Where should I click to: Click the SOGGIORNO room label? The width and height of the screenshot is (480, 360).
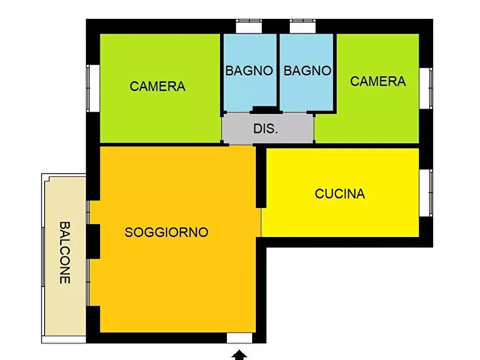point(166,232)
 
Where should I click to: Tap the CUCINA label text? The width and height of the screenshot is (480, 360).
point(340,193)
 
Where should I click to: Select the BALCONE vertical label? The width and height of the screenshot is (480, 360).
point(65,253)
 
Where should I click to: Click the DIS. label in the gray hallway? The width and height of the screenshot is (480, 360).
point(266,129)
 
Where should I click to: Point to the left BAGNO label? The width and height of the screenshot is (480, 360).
point(249,70)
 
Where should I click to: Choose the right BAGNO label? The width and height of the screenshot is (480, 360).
point(307,70)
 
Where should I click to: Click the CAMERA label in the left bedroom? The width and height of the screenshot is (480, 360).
point(157,86)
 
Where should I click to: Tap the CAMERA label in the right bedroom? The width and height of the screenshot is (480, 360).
point(378,81)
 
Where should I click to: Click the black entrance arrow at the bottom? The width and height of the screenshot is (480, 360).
point(240,355)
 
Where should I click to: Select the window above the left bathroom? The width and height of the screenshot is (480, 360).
point(249,26)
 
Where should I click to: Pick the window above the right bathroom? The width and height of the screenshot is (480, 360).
point(303,26)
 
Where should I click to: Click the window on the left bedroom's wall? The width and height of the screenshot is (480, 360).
point(92,88)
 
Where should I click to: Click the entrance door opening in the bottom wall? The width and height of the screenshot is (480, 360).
point(240,337)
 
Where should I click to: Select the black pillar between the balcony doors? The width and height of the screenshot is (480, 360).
point(93,240)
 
